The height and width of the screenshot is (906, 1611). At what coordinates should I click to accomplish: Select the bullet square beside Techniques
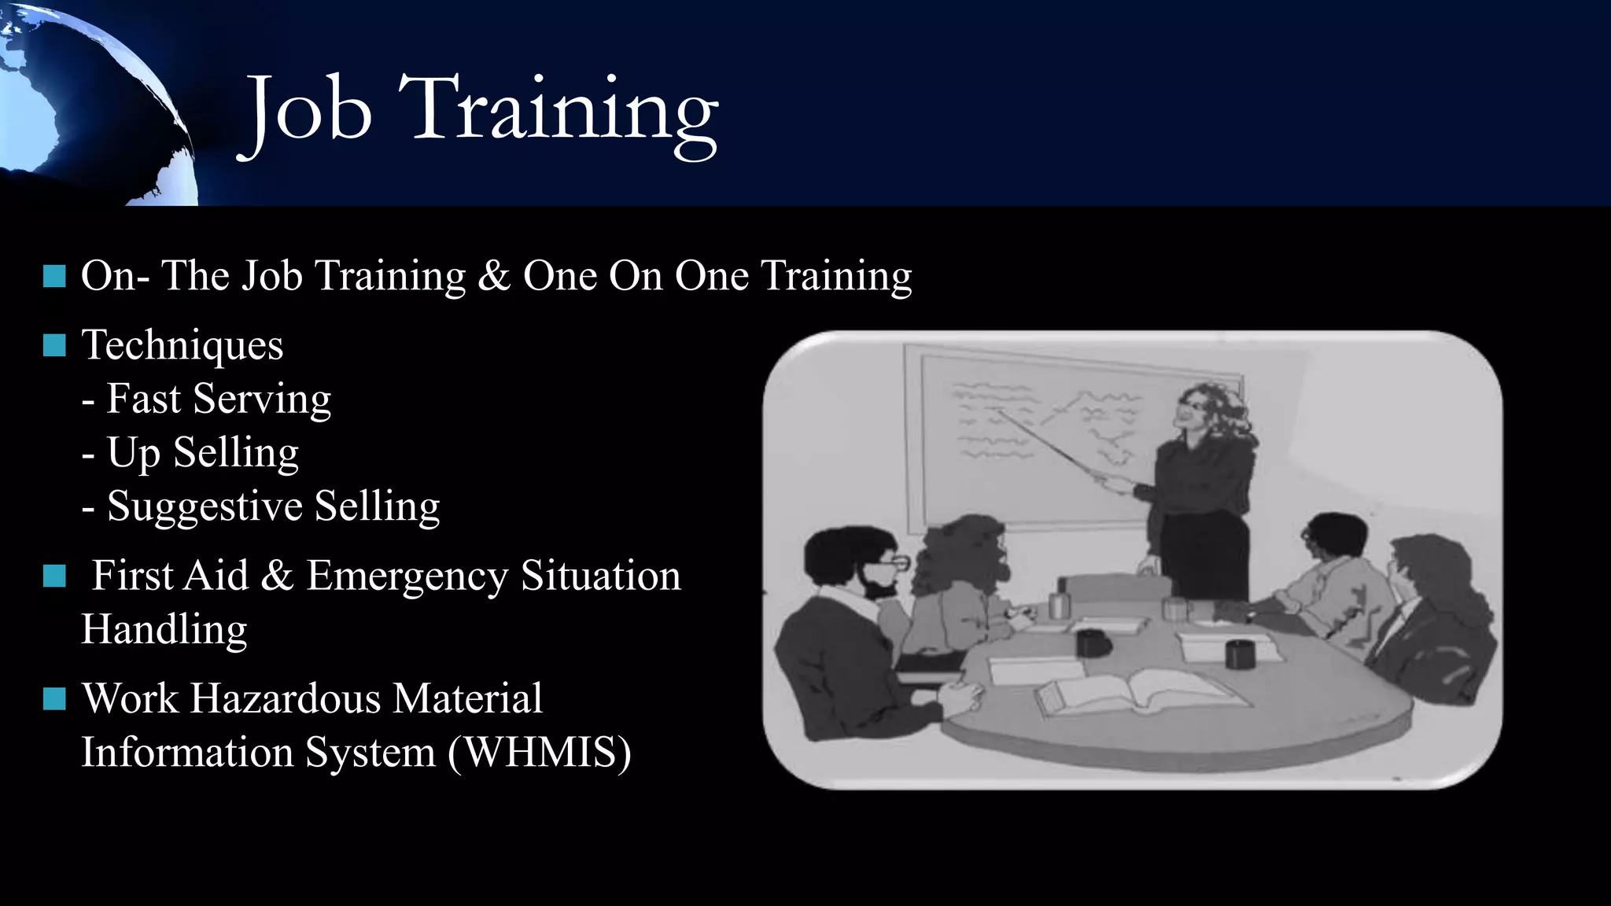pos(54,345)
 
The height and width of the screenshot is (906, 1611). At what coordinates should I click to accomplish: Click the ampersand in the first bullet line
pos(493,275)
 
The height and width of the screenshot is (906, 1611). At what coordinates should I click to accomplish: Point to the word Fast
pos(144,398)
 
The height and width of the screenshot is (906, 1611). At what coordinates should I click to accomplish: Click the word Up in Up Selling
pos(134,453)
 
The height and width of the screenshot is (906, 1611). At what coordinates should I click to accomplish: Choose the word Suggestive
pos(205,506)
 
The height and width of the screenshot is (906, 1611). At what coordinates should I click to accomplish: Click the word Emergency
pos(407,576)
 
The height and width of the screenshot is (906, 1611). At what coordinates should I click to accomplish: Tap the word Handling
pos(164,629)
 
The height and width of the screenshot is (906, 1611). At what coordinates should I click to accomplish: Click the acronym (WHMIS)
pos(540,752)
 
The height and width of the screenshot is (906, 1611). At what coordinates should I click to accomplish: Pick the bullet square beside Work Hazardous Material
pos(54,698)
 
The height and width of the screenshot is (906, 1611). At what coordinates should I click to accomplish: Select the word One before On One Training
pos(559,275)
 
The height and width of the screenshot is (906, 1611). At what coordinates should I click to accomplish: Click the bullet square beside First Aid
pos(54,576)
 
